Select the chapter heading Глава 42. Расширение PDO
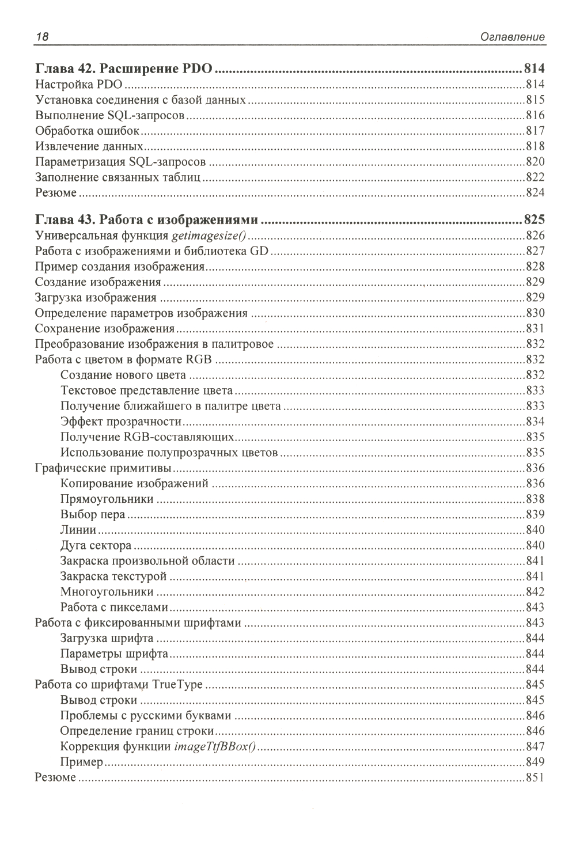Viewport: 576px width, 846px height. (124, 70)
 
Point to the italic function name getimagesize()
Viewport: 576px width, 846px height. (210, 236)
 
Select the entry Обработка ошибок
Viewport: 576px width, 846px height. (87, 131)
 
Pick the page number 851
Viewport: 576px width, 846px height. (535, 778)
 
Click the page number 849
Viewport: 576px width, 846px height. (535, 762)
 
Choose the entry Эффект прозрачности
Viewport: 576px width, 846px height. (121, 422)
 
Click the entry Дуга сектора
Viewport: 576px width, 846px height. (96, 545)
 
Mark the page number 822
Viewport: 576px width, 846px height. (535, 177)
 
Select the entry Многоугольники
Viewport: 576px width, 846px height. (107, 591)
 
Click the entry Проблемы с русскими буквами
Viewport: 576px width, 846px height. (146, 716)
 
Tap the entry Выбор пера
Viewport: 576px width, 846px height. (92, 514)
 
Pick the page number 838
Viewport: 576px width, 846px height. (535, 499)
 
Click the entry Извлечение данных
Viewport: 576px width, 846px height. (89, 146)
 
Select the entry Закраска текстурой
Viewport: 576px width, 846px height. (113, 576)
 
